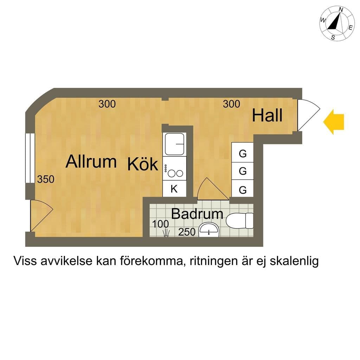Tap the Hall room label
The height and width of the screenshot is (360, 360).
pyautogui.click(x=267, y=115)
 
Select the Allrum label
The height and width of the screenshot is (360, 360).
pyautogui.click(x=91, y=161)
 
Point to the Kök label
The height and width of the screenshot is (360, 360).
pyautogui.click(x=143, y=164)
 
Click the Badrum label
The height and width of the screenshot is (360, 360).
pyautogui.click(x=197, y=214)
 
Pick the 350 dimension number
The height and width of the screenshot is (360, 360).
pyautogui.click(x=46, y=179)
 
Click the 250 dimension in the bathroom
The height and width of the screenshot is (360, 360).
pyautogui.click(x=187, y=232)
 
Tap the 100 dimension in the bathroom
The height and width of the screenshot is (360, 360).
pyautogui.click(x=160, y=224)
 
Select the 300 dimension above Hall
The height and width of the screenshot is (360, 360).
pyautogui.click(x=231, y=104)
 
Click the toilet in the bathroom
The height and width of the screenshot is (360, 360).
pyautogui.click(x=239, y=221)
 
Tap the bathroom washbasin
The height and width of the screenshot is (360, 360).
pyautogui.click(x=209, y=230)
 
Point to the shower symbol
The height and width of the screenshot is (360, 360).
pyautogui.click(x=166, y=233)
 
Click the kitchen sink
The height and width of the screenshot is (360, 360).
pyautogui.click(x=175, y=144)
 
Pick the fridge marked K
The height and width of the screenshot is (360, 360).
pyautogui.click(x=174, y=189)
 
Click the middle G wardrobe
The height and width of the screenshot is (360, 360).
pyautogui.click(x=243, y=171)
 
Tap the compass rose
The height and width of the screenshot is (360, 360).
pyautogui.click(x=336, y=24)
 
